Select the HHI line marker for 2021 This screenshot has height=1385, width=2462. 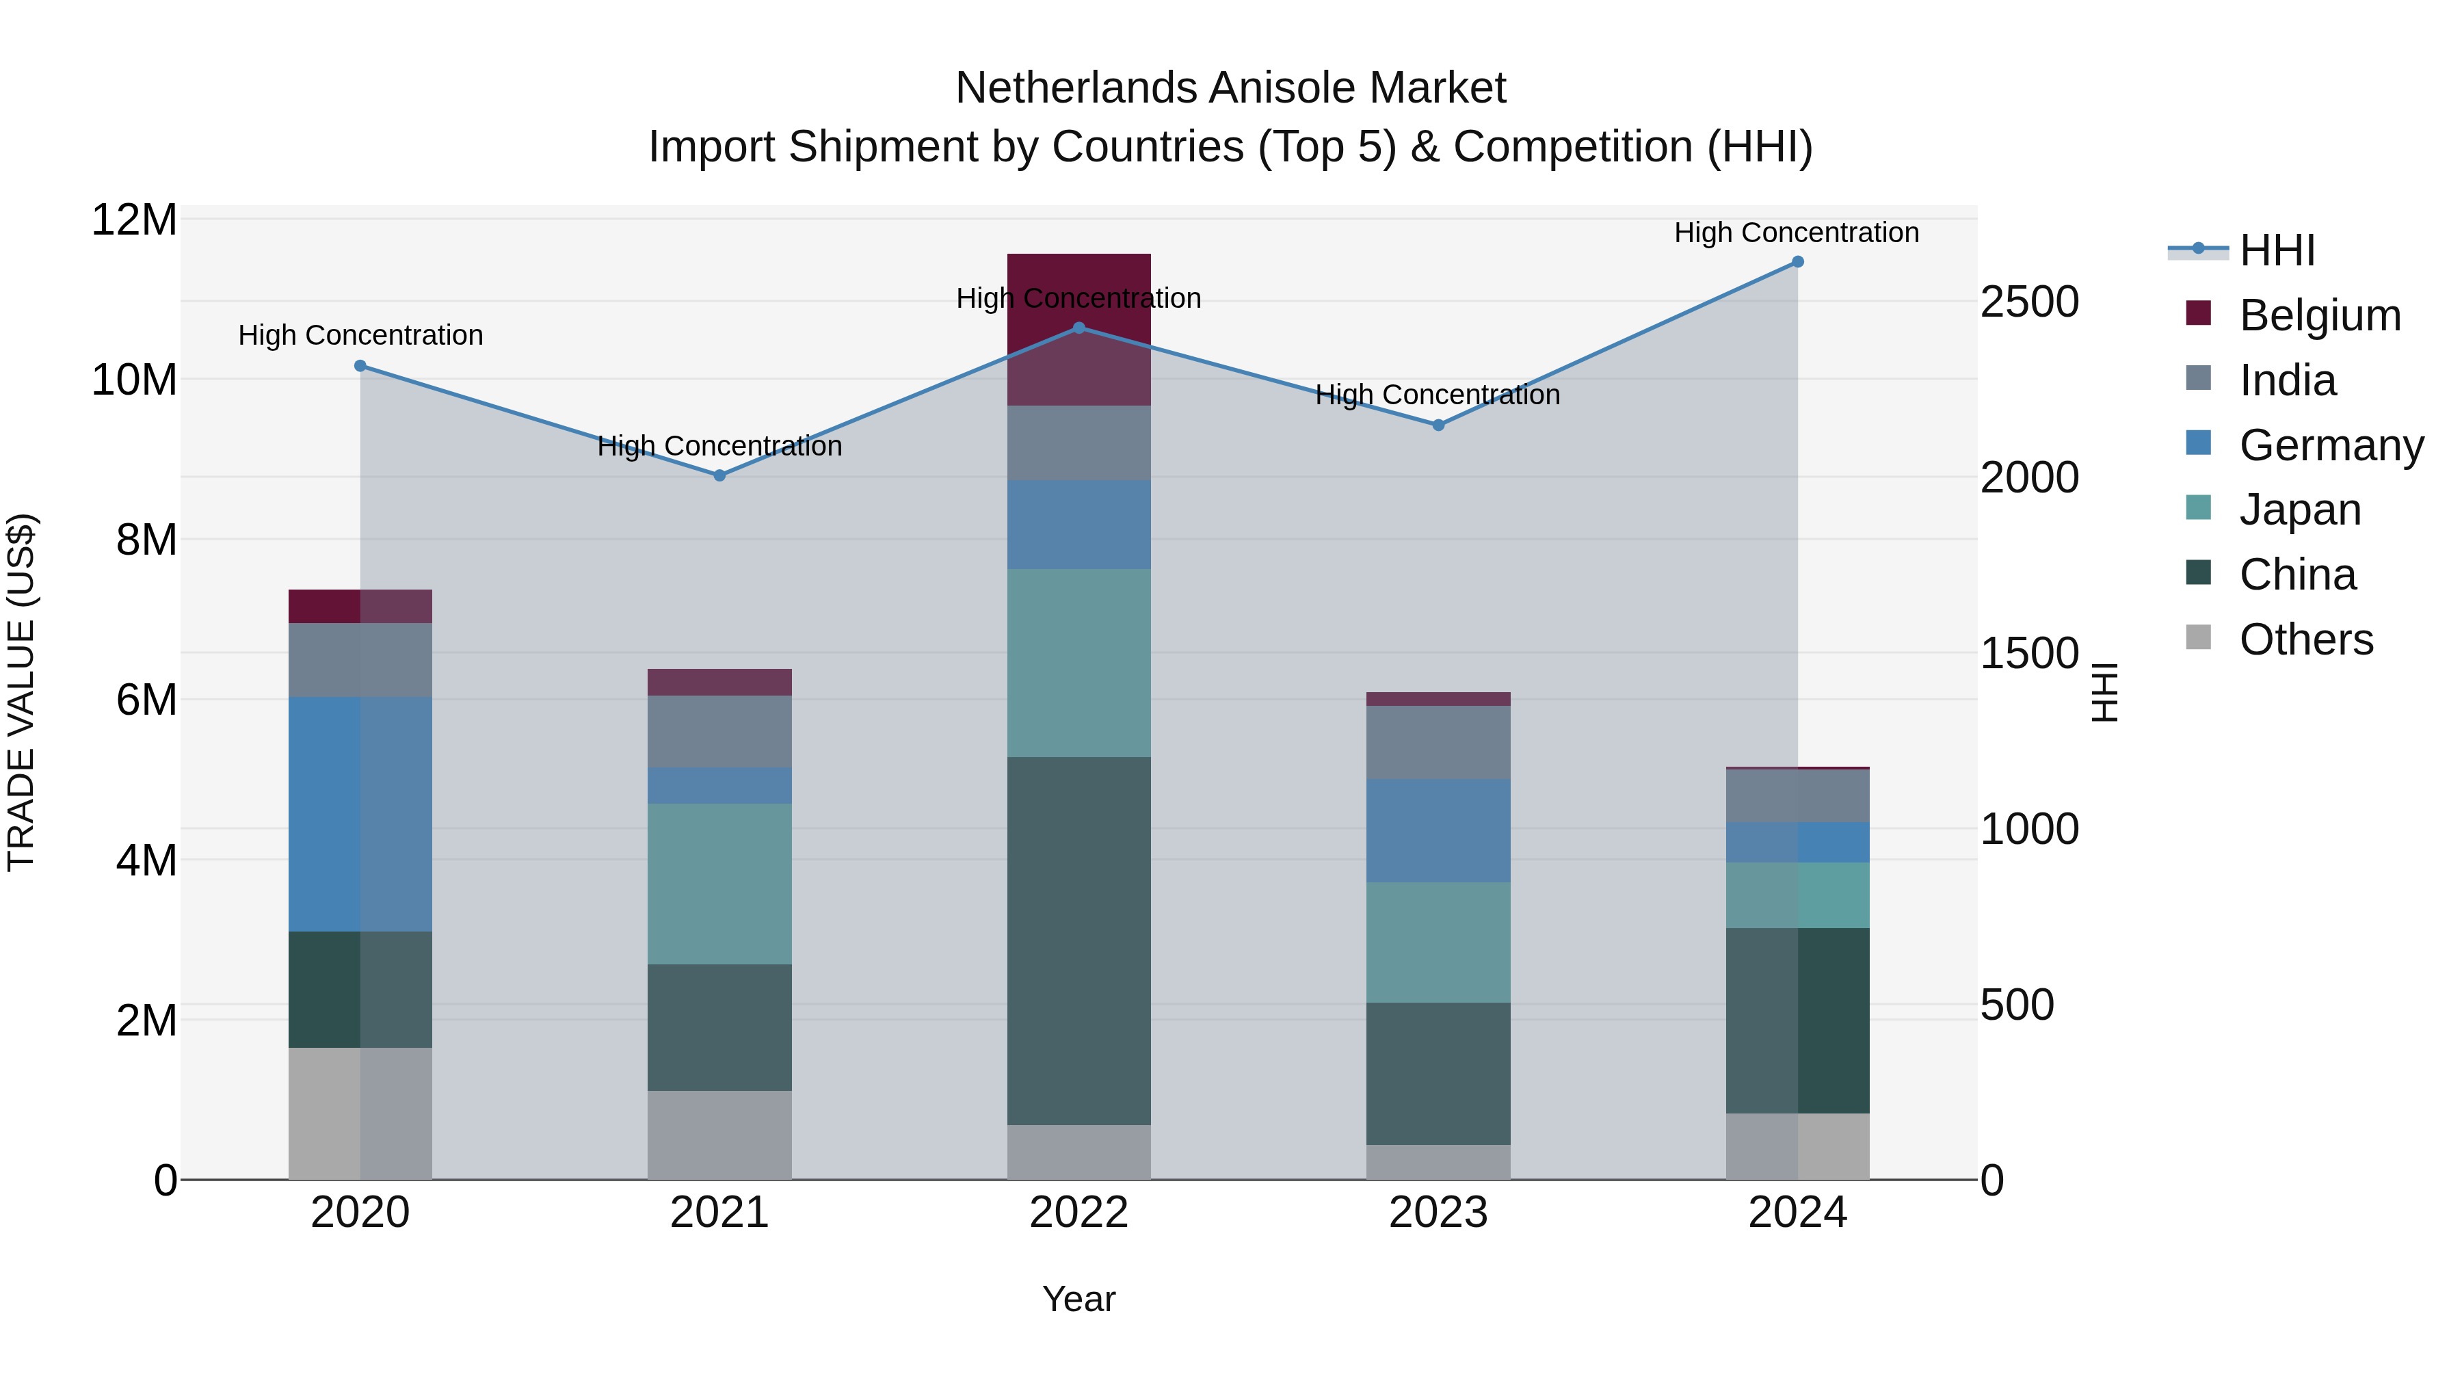(719, 475)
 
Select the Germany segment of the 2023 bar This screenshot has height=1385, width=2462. (1438, 830)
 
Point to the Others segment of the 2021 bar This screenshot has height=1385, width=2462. (719, 1135)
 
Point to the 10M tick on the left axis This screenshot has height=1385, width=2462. (134, 380)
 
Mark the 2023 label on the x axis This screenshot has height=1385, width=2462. (1438, 1213)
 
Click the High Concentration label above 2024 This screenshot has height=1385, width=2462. (1796, 233)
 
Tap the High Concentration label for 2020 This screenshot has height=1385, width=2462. (360, 336)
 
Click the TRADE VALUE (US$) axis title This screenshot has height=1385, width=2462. (21, 692)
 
